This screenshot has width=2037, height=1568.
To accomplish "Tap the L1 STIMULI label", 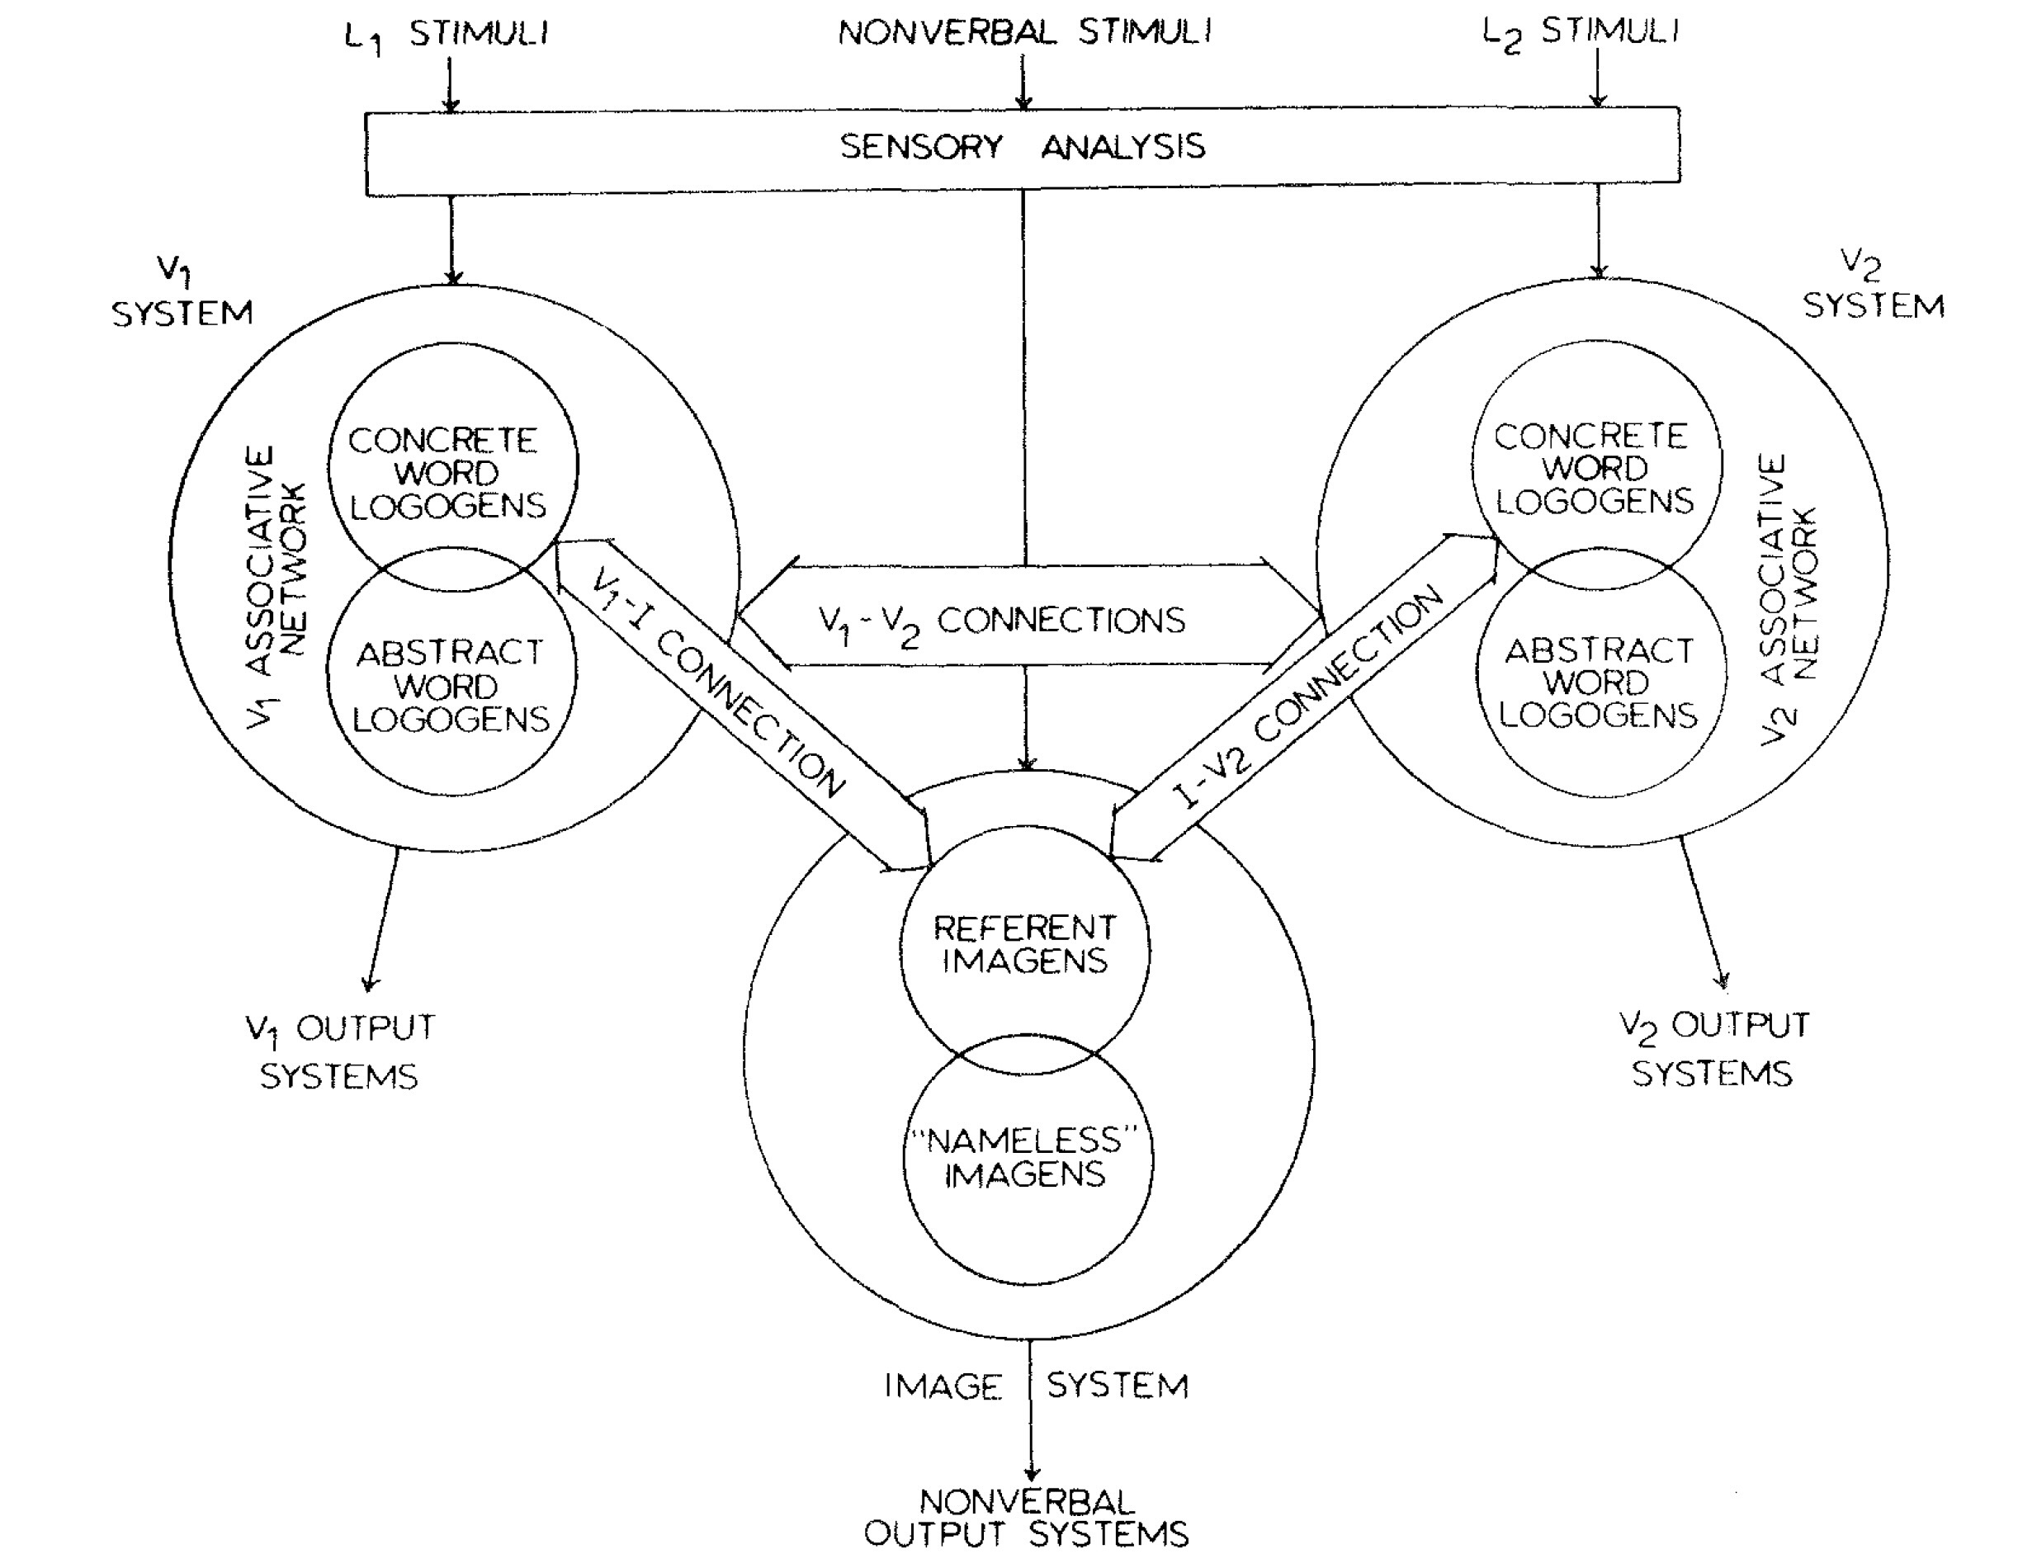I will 446,35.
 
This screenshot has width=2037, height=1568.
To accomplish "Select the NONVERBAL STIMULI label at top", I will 1024,33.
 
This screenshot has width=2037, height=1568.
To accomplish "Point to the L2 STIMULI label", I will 1580,34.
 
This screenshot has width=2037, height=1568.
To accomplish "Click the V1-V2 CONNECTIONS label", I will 1002,622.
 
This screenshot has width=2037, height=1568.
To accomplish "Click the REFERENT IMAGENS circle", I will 1024,944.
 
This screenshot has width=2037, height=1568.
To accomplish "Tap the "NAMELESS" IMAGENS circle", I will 1026,1158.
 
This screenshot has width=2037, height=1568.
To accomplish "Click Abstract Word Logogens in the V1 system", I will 450,686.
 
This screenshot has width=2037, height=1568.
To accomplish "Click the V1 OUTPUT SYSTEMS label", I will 339,1052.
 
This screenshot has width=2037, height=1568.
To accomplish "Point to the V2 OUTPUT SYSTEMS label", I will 1713,1050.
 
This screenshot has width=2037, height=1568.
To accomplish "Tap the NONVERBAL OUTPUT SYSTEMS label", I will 1026,1518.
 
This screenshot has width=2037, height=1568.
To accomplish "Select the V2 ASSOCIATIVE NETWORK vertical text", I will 1787,597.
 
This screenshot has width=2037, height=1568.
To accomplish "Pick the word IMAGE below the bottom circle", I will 942,1386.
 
